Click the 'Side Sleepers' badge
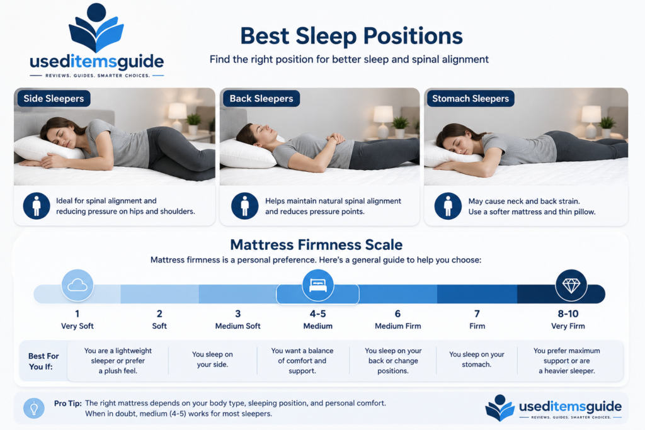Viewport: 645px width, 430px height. pyautogui.click(x=54, y=99)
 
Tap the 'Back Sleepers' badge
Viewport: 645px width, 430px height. pyautogui.click(x=261, y=99)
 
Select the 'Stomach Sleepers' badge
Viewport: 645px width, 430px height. pyautogui.click(x=471, y=99)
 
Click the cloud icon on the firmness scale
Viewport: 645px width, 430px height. pyautogui.click(x=77, y=285)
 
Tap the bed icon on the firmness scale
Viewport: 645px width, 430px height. pyautogui.click(x=317, y=285)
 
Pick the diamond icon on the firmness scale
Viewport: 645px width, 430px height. pyautogui.click(x=571, y=285)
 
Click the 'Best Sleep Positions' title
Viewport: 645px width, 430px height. pyautogui.click(x=351, y=36)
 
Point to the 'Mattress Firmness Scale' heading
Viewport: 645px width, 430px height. pyautogui.click(x=316, y=245)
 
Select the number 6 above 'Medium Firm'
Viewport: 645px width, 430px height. pyautogui.click(x=397, y=314)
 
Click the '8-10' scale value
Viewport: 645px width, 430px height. pyautogui.click(x=568, y=314)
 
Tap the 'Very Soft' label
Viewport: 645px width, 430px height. pyautogui.click(x=77, y=326)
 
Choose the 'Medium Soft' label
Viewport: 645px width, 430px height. pyautogui.click(x=237, y=326)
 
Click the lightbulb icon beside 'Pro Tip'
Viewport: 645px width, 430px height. pyautogui.click(x=34, y=408)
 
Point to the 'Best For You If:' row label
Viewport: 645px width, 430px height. pyautogui.click(x=43, y=361)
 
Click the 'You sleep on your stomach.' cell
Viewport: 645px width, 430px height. pyautogui.click(x=476, y=359)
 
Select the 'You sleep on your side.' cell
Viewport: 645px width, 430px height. pyautogui.click(x=212, y=359)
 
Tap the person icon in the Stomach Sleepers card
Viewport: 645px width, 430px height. pyautogui.click(x=448, y=206)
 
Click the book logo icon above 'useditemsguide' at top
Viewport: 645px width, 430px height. pyautogui.click(x=96, y=27)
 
